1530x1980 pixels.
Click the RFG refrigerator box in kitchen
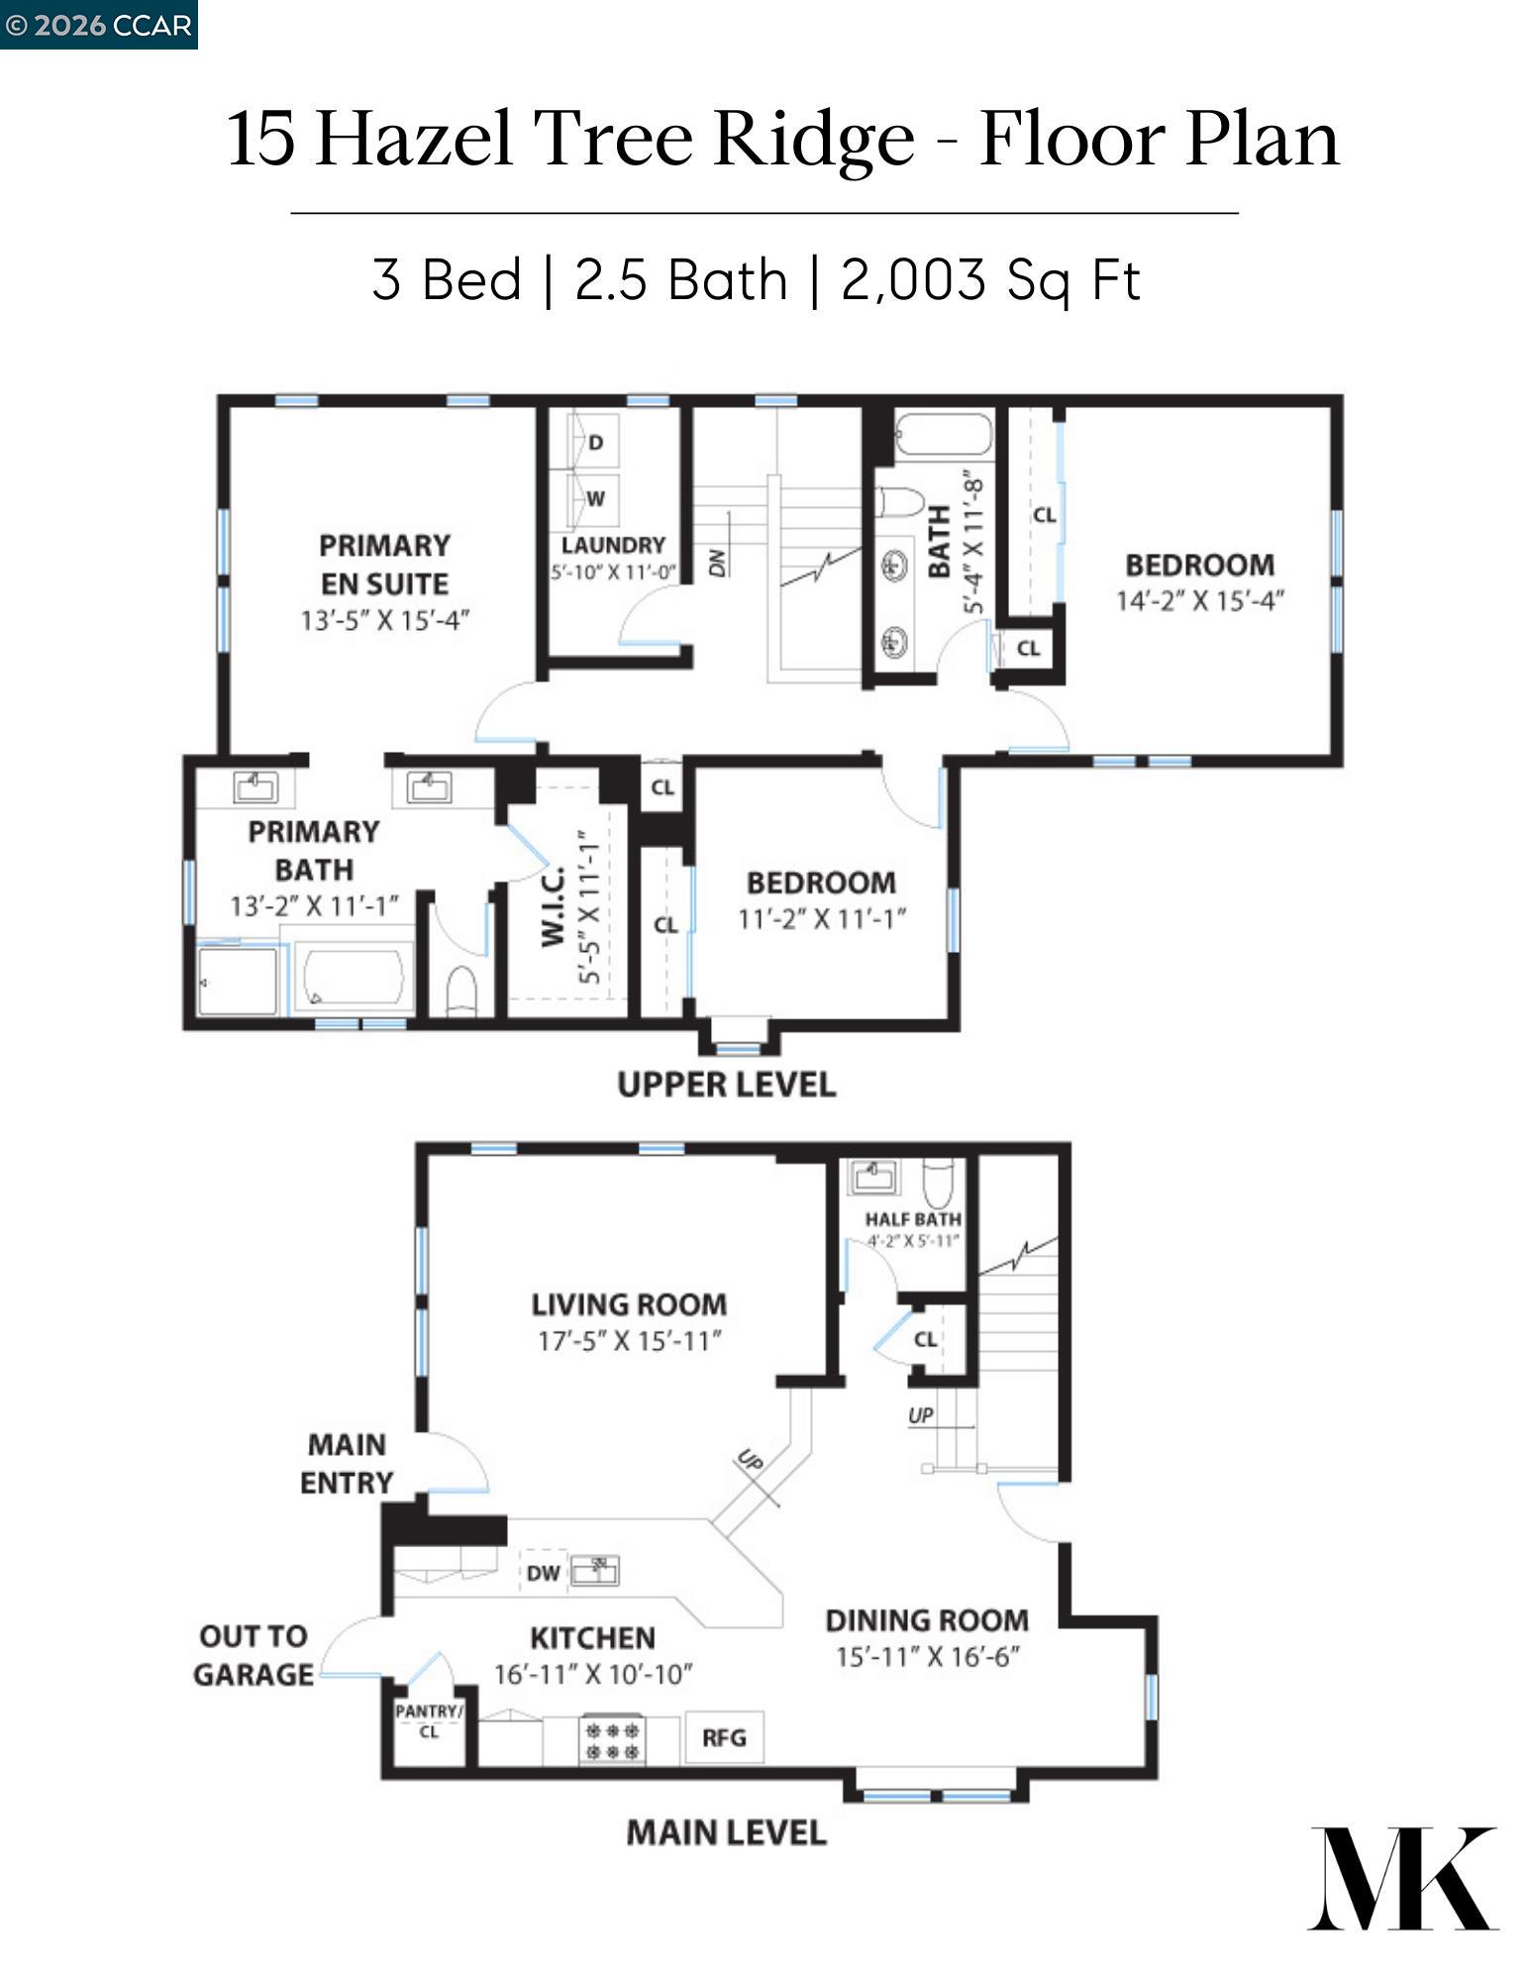click(724, 1737)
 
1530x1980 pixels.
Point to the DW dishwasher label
click(543, 1573)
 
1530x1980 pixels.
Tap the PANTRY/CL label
click(428, 1720)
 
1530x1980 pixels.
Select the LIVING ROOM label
click(629, 1304)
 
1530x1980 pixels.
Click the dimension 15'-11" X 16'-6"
click(927, 1657)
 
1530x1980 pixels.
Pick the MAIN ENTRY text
click(347, 1463)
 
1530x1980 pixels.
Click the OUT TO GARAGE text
click(254, 1654)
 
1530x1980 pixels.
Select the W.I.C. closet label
click(553, 906)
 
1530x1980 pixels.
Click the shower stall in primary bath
click(238, 982)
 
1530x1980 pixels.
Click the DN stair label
click(717, 562)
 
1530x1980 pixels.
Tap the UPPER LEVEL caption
click(726, 1084)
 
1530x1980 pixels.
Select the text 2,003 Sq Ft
click(990, 279)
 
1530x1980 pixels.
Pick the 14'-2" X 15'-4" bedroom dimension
click(1199, 601)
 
